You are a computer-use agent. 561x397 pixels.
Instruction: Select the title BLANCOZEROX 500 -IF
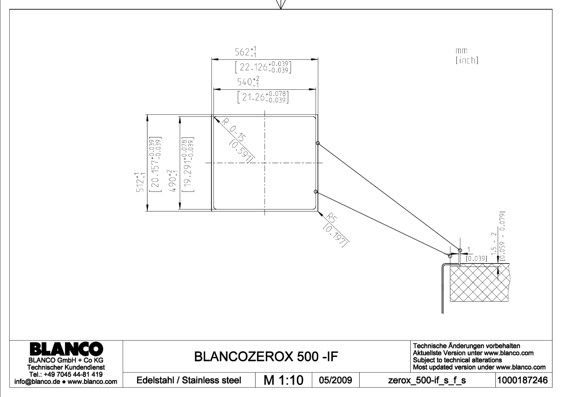266,356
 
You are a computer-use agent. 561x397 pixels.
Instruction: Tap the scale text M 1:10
284,380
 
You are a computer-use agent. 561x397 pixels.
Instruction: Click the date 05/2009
335,380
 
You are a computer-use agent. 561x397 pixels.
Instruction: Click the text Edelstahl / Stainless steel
189,380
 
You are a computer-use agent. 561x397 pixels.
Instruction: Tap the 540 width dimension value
245,82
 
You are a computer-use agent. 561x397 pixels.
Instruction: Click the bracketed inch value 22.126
263,67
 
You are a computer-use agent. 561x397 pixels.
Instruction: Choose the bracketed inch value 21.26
263,97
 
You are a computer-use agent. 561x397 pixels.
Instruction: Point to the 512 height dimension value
140,182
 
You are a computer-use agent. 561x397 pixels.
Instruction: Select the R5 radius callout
332,218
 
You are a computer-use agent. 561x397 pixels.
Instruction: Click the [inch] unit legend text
467,60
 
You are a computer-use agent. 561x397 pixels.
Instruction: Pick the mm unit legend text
461,51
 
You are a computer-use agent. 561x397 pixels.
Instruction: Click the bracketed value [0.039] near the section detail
476,258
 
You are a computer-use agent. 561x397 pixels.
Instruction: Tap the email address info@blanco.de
37,381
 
